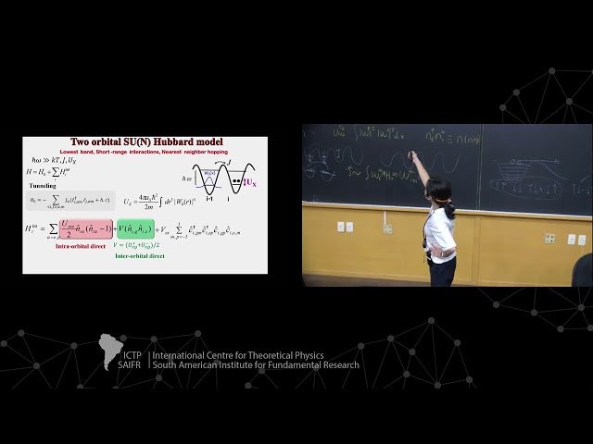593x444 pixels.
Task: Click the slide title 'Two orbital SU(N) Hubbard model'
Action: click(x=146, y=142)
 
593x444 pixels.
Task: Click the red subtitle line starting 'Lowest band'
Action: click(x=145, y=151)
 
